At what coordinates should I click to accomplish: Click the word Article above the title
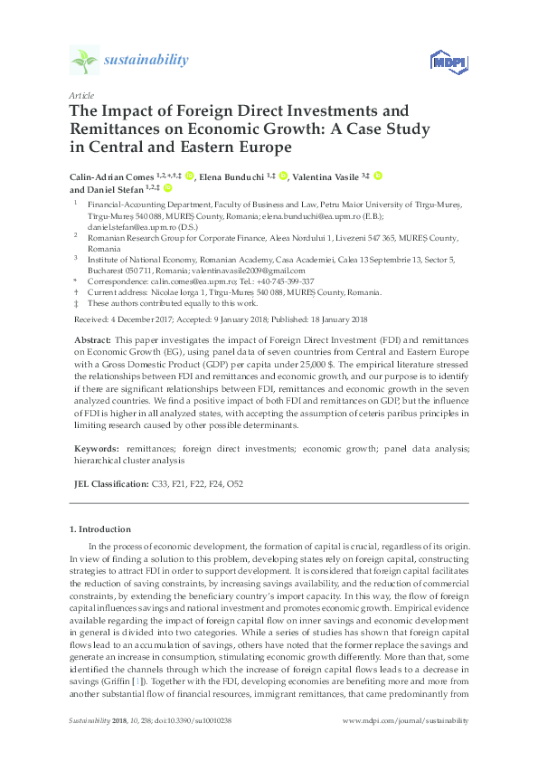(x=80, y=94)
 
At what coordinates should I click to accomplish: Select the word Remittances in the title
(x=116, y=129)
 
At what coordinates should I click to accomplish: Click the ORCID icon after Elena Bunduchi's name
(x=283, y=177)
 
